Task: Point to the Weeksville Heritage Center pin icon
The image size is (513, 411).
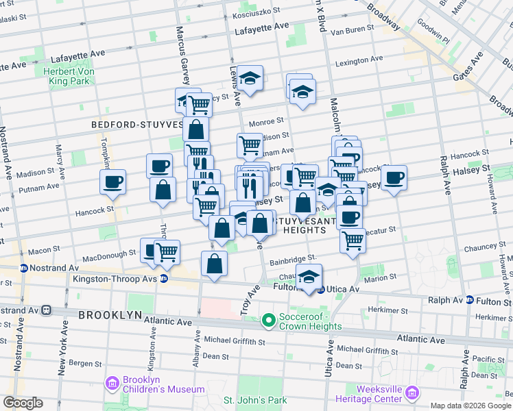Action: pos(411,393)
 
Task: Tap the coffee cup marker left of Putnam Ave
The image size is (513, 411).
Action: pos(113,182)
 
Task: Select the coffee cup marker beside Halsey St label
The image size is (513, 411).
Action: pos(394,178)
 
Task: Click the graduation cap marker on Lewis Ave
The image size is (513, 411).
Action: pos(251,79)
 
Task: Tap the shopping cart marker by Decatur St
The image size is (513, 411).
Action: pos(352,241)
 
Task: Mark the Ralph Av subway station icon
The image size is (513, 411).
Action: pos(470,300)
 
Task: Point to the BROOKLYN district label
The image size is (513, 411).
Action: pos(110,315)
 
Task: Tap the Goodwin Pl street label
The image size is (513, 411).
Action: pos(433,40)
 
